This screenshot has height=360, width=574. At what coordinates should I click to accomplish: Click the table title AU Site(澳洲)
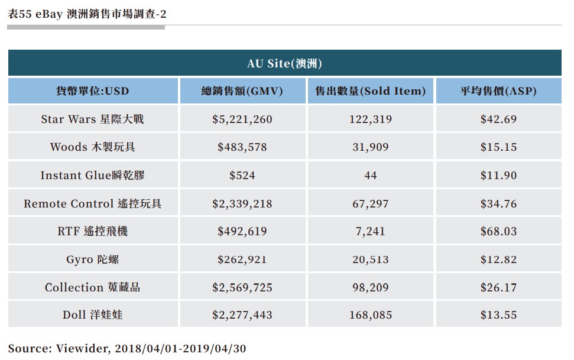point(284,63)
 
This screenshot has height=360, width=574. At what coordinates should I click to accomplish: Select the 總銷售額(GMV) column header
point(242,91)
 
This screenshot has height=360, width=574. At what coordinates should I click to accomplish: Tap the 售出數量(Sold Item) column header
point(371,91)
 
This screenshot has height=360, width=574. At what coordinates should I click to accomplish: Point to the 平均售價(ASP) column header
point(498,91)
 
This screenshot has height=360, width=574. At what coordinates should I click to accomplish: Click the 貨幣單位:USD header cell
point(92,91)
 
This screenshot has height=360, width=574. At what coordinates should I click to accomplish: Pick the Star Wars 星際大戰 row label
point(92,119)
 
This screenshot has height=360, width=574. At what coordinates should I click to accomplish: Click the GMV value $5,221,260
point(242,119)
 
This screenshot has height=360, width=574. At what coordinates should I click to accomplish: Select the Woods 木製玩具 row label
point(92,147)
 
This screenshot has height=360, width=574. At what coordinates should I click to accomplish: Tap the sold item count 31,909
point(371,147)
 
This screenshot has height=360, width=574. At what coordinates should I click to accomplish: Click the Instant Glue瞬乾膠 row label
point(92,176)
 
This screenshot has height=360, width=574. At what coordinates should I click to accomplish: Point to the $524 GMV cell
point(242,176)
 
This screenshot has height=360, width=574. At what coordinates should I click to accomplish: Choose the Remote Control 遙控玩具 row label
point(92,204)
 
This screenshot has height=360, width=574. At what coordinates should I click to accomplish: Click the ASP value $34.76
point(498,204)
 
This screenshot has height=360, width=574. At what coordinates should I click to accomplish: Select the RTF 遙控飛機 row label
point(92,232)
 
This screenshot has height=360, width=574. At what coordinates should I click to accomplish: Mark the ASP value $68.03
point(498,232)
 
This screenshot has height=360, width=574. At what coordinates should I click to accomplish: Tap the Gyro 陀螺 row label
point(92,260)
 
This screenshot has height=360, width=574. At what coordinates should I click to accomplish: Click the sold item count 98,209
point(371,288)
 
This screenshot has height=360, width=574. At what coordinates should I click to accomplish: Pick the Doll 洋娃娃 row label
point(92,315)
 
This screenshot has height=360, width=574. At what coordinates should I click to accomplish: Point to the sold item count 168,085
point(371,315)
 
